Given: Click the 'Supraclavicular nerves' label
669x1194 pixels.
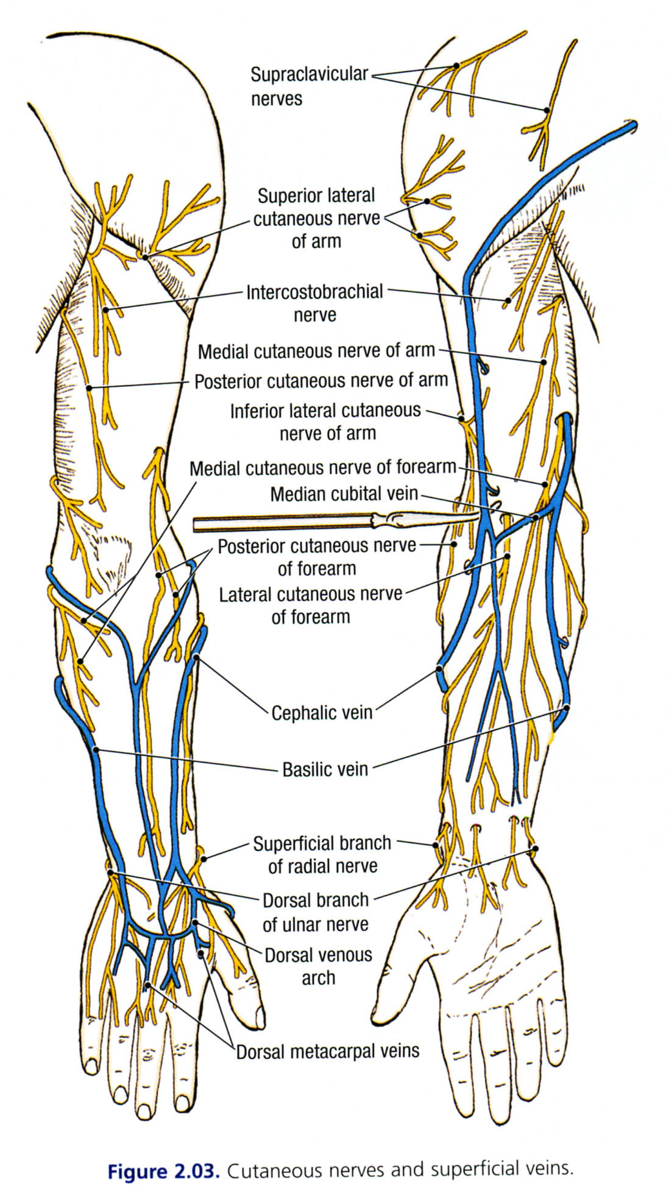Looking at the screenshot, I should (x=309, y=86).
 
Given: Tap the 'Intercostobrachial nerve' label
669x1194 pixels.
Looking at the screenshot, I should (x=314, y=303).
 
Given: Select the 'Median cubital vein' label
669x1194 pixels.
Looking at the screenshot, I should (x=344, y=493).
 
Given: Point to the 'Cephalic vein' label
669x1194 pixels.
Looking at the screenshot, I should (x=322, y=712).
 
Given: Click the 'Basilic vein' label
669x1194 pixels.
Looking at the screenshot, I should (x=325, y=769).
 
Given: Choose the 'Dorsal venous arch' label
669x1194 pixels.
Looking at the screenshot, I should (x=318, y=966).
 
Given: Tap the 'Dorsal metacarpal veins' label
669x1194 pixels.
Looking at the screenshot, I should (x=328, y=1051).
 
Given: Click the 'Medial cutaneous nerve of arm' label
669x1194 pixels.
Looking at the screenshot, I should (x=316, y=351).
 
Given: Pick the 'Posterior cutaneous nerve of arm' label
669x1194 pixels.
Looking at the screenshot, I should (x=320, y=381).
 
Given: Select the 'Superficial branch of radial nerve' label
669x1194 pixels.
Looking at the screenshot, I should (x=322, y=854).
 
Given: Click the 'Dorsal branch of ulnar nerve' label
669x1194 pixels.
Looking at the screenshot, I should (x=316, y=912).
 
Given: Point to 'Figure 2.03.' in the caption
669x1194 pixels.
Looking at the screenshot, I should (x=163, y=1171).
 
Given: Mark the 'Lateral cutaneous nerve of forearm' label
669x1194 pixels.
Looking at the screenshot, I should (x=311, y=605).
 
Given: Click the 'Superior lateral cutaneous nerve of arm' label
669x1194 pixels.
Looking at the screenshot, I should (x=316, y=218).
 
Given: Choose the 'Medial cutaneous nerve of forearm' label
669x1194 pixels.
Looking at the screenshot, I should (x=322, y=468).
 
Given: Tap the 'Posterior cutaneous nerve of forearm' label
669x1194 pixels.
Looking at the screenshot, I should (x=317, y=557).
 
